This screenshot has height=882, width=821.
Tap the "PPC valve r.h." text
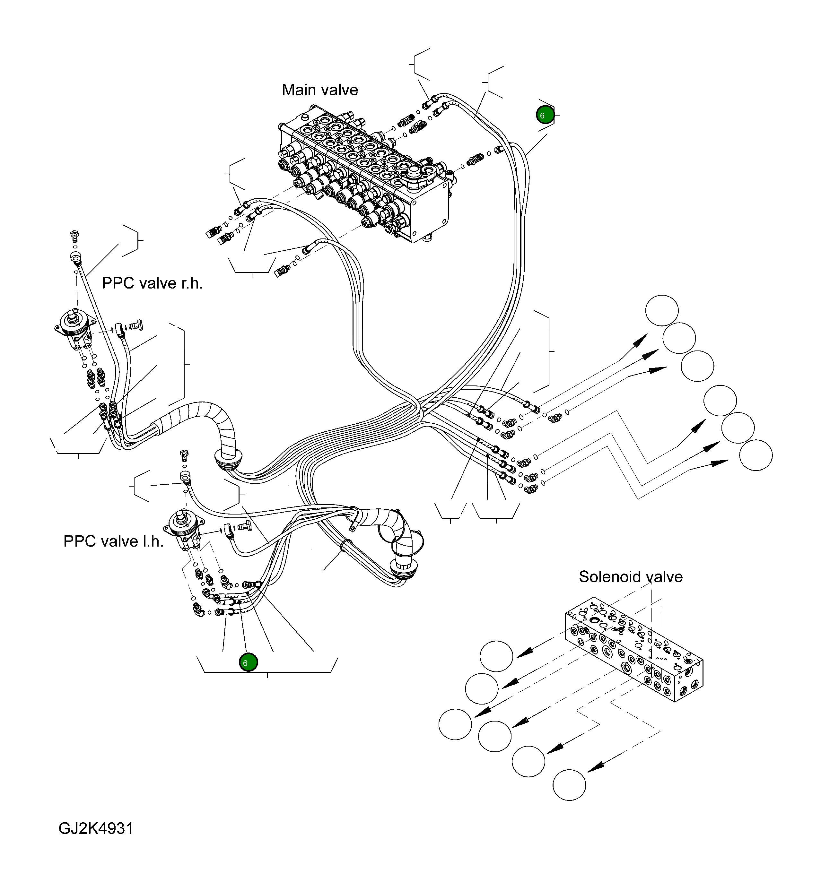[152, 283]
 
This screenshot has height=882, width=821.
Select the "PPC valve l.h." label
[114, 541]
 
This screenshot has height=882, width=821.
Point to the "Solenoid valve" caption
[630, 577]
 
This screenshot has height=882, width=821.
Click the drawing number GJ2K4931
[96, 828]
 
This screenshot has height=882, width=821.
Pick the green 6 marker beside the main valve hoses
[545, 115]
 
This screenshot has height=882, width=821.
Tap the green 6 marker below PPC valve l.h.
[248, 663]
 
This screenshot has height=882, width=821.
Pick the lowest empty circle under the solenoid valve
[569, 785]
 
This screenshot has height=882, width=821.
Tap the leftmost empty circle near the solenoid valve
[455, 724]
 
